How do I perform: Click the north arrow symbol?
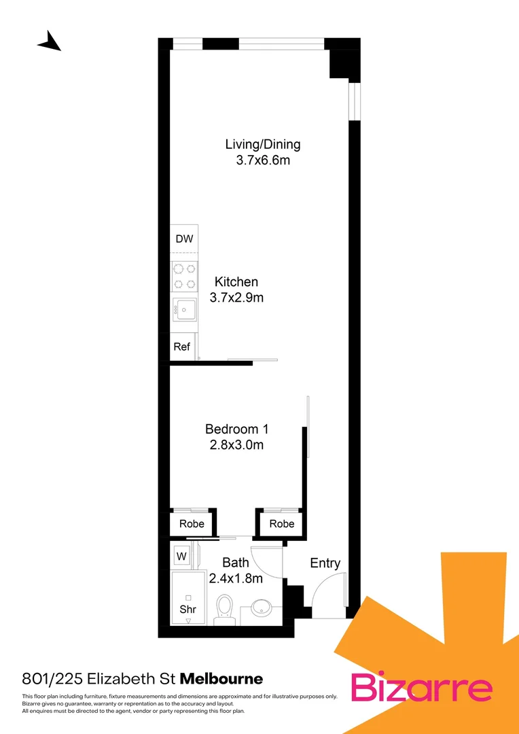click(x=50, y=41)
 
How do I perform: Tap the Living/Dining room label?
click(x=263, y=144)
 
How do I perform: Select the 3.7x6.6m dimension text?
click(x=263, y=161)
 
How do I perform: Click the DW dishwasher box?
click(x=184, y=239)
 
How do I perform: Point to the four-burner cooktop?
click(x=184, y=276)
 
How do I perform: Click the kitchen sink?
click(x=184, y=310)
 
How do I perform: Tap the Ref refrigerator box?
click(x=181, y=347)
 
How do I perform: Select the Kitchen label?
click(x=236, y=281)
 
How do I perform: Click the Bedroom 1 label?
click(x=237, y=429)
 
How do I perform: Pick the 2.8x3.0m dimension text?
click(x=237, y=446)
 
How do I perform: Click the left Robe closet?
click(x=192, y=523)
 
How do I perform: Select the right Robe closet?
click(x=281, y=523)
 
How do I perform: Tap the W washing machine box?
click(x=182, y=556)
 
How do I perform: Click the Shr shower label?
click(x=187, y=610)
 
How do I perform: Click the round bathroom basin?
click(x=261, y=607)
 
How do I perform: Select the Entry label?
click(x=325, y=563)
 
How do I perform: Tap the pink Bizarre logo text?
click(x=421, y=688)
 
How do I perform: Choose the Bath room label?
click(x=236, y=563)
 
